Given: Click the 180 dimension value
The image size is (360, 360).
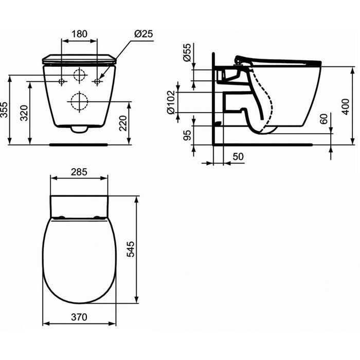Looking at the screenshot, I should tap(79, 34).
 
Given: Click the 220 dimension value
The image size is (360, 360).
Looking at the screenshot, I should tap(123, 123).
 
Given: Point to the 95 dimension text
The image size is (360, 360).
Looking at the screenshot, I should tap(187, 135).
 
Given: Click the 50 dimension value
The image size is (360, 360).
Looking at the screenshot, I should tap(238, 156).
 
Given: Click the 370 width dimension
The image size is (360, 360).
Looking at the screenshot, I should tap(79, 317).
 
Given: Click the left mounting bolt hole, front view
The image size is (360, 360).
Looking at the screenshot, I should tap(62, 81).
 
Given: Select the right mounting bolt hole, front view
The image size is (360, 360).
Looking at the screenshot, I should tap(97, 81).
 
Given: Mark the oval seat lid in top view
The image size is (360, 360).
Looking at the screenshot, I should tap(79, 260).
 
